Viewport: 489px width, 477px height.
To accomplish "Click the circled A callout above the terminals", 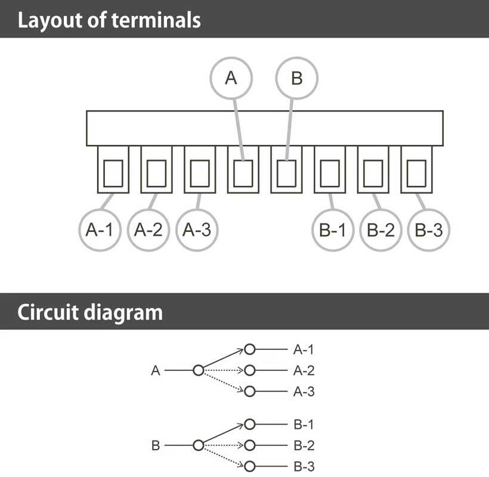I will [231, 78].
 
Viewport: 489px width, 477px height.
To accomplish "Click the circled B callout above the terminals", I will [296, 78].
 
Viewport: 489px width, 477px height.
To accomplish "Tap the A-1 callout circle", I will [99, 230].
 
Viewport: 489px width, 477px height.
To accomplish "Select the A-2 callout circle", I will [148, 230].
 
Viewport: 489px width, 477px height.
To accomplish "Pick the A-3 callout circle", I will [197, 230].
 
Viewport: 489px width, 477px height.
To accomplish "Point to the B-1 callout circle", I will [332, 230].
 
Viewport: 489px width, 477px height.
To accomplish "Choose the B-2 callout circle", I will [380, 230].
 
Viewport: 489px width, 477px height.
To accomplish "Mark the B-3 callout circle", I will [428, 230].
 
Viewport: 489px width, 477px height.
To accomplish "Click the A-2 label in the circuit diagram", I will [304, 371].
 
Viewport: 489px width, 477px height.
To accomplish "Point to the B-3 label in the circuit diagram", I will [304, 466].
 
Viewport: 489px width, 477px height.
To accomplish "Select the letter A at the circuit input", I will [156, 371].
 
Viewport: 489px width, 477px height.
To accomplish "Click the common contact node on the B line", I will [199, 445].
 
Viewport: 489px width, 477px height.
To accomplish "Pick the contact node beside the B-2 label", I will [250, 445].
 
